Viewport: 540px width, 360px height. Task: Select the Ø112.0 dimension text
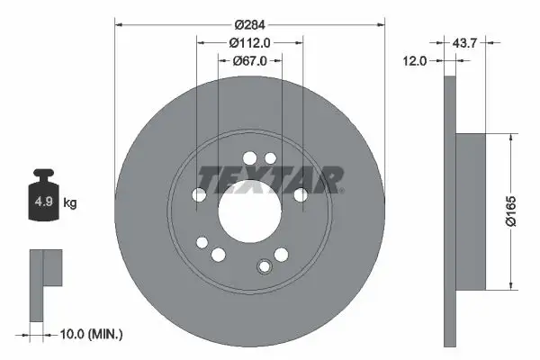[x=250, y=41]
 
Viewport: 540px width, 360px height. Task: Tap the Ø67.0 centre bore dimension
[x=250, y=62]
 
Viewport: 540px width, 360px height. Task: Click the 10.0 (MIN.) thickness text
[x=89, y=334]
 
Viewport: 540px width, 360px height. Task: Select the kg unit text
[x=70, y=203]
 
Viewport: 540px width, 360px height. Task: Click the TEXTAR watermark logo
[x=270, y=179]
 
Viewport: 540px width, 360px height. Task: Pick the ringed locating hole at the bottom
[x=264, y=266]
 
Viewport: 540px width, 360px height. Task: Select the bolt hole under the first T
[x=199, y=194]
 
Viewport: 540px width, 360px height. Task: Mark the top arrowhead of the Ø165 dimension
[x=512, y=138]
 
